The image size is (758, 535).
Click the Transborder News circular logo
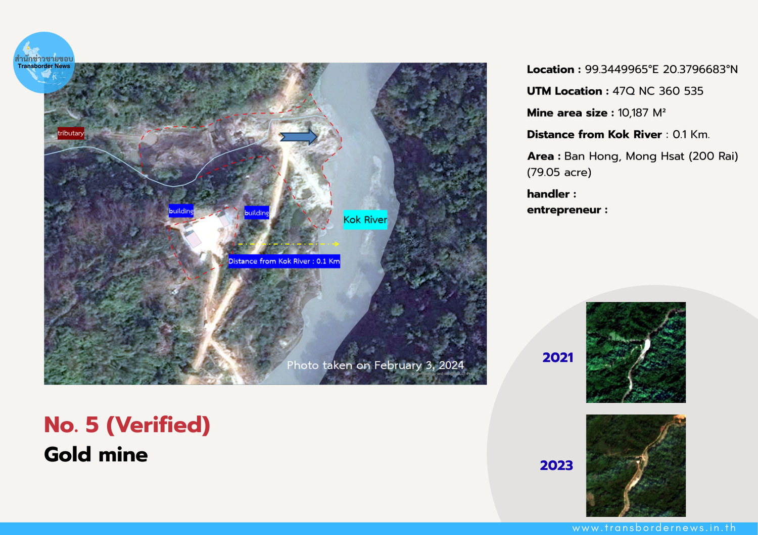click(43, 63)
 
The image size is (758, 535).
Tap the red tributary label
click(71, 133)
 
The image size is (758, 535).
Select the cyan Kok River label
click(365, 220)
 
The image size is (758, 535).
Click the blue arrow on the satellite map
click(299, 137)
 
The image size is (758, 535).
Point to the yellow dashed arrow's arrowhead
click(336, 244)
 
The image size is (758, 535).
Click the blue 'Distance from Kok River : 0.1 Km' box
click(284, 261)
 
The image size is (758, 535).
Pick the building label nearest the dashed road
click(257, 212)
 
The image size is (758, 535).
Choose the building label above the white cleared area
click(181, 211)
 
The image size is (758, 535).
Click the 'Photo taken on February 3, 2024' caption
click(375, 365)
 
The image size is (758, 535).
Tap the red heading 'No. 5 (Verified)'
click(127, 424)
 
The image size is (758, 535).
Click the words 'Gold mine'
click(96, 455)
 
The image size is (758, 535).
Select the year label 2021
click(558, 357)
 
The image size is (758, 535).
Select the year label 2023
click(556, 465)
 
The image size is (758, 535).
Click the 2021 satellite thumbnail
click(636, 352)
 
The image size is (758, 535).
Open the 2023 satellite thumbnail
click(636, 465)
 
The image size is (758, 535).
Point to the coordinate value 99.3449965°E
click(622, 69)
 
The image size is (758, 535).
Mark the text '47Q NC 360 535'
click(658, 91)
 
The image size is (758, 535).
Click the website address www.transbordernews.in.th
click(654, 528)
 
